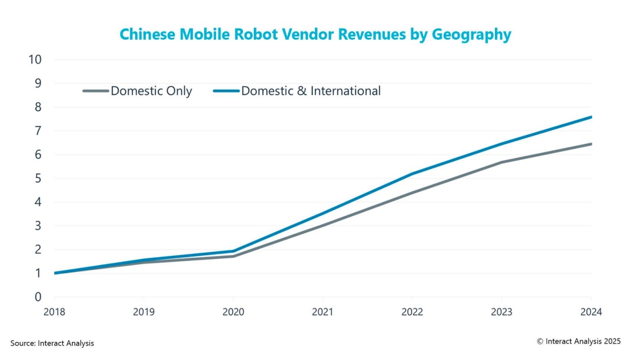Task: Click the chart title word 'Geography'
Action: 474,35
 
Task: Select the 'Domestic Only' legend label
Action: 151,91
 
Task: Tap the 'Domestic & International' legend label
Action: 311,91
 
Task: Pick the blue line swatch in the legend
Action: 226,91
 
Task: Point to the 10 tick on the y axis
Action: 35,60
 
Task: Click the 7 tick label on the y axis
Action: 38,131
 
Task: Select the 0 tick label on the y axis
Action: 38,297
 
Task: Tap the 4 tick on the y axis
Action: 38,202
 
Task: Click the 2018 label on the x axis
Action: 54,312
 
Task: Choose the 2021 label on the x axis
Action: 323,312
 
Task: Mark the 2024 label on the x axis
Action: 591,312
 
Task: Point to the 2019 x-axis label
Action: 143,312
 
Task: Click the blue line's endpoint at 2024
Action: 591,117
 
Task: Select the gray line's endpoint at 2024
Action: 591,144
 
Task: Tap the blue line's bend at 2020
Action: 233,251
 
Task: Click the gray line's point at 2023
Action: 501,162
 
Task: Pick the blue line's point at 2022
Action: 412,174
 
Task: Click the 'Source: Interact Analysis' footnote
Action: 52,343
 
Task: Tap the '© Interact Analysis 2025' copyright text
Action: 579,341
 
